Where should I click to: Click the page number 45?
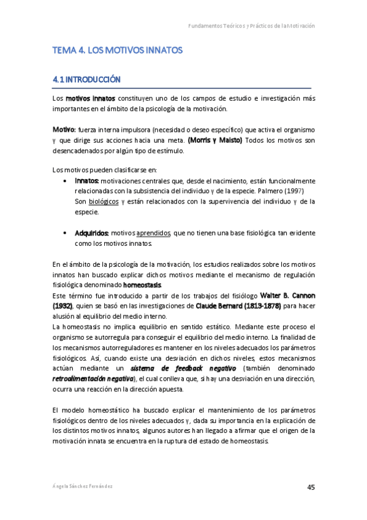(x=311, y=487)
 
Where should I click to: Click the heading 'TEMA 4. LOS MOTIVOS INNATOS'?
(x=118, y=50)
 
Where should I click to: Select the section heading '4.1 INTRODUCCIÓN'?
(x=86, y=80)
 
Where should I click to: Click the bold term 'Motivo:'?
(x=64, y=130)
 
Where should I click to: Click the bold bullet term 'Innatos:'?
(x=86, y=181)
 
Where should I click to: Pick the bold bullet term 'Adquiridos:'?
(x=92, y=234)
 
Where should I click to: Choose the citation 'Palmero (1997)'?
(x=294, y=191)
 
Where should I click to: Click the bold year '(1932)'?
(x=62, y=306)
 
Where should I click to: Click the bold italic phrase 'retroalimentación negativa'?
(x=93, y=379)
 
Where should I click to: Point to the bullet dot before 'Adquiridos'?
(x=66, y=234)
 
